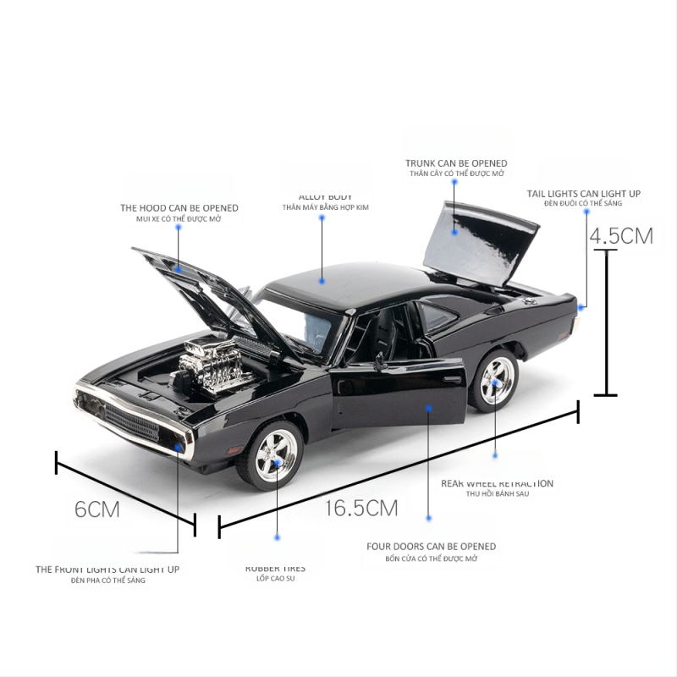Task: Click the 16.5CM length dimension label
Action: tap(360, 508)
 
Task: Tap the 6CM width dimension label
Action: tap(97, 509)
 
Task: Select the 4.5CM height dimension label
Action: tap(622, 235)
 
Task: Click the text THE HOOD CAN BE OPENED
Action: tap(179, 207)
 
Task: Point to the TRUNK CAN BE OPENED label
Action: tap(456, 163)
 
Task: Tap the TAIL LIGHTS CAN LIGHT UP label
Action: tap(584, 194)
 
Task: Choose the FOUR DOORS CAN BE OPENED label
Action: tap(432, 547)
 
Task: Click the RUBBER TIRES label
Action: tap(276, 569)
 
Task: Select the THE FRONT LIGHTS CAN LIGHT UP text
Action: tap(107, 570)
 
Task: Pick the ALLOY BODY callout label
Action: tap(325, 197)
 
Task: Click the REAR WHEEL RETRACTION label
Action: tap(497, 484)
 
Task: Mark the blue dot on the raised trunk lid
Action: tap(454, 231)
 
